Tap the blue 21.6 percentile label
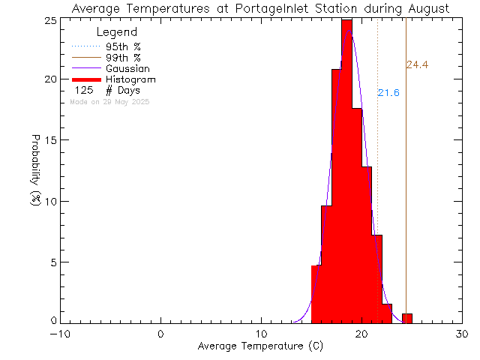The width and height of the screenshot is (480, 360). point(388,93)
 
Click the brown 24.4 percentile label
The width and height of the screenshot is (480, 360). point(417,65)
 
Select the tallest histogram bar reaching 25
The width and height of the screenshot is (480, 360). point(346,172)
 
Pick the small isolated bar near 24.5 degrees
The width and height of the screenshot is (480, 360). point(407,319)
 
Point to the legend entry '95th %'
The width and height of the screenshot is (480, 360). point(123,46)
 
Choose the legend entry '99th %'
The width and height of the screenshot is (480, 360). point(123,57)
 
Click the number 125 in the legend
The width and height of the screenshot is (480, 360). point(83,90)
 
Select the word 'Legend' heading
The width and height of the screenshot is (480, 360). point(117,32)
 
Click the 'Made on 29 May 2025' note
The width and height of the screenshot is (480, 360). point(109,101)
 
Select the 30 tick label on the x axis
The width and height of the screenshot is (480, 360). point(463,334)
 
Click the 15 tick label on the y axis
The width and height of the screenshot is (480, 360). point(46,140)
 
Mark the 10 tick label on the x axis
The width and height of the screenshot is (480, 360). point(261,334)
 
